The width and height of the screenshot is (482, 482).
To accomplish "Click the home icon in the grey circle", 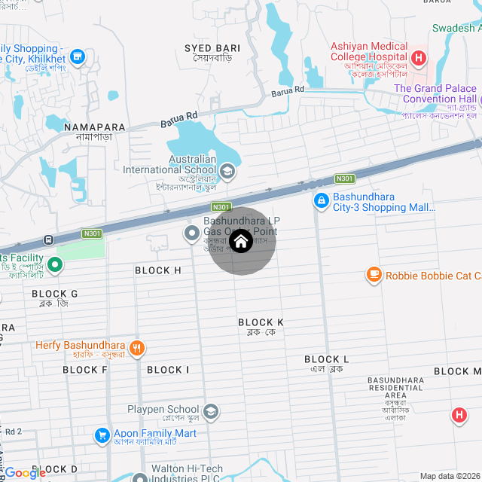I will (x=240, y=242).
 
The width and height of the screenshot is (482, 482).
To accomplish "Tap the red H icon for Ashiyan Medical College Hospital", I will (x=419, y=57).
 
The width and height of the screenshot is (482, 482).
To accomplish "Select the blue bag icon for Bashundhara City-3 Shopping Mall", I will (x=321, y=200).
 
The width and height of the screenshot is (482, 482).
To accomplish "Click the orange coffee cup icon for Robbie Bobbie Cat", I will (x=374, y=276).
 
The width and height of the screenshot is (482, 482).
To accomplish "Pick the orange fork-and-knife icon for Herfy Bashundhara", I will (x=136, y=347).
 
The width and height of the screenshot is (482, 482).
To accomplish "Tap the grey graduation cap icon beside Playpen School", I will (x=212, y=411).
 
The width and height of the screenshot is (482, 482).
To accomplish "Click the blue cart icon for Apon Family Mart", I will (x=102, y=435).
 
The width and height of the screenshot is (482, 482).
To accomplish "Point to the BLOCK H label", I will (x=158, y=270).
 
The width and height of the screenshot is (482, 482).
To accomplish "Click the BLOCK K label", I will (x=261, y=322).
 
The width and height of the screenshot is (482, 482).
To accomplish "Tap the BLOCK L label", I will (x=327, y=360).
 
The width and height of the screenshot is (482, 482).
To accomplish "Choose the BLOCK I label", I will (x=169, y=370).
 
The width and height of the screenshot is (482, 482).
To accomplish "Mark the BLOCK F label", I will (x=85, y=370).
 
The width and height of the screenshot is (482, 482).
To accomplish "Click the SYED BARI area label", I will (x=212, y=48).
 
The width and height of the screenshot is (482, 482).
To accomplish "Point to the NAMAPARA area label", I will (x=94, y=127).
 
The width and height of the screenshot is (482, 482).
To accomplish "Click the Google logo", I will (x=26, y=473).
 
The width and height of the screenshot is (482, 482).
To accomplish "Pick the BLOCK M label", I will (x=457, y=371).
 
